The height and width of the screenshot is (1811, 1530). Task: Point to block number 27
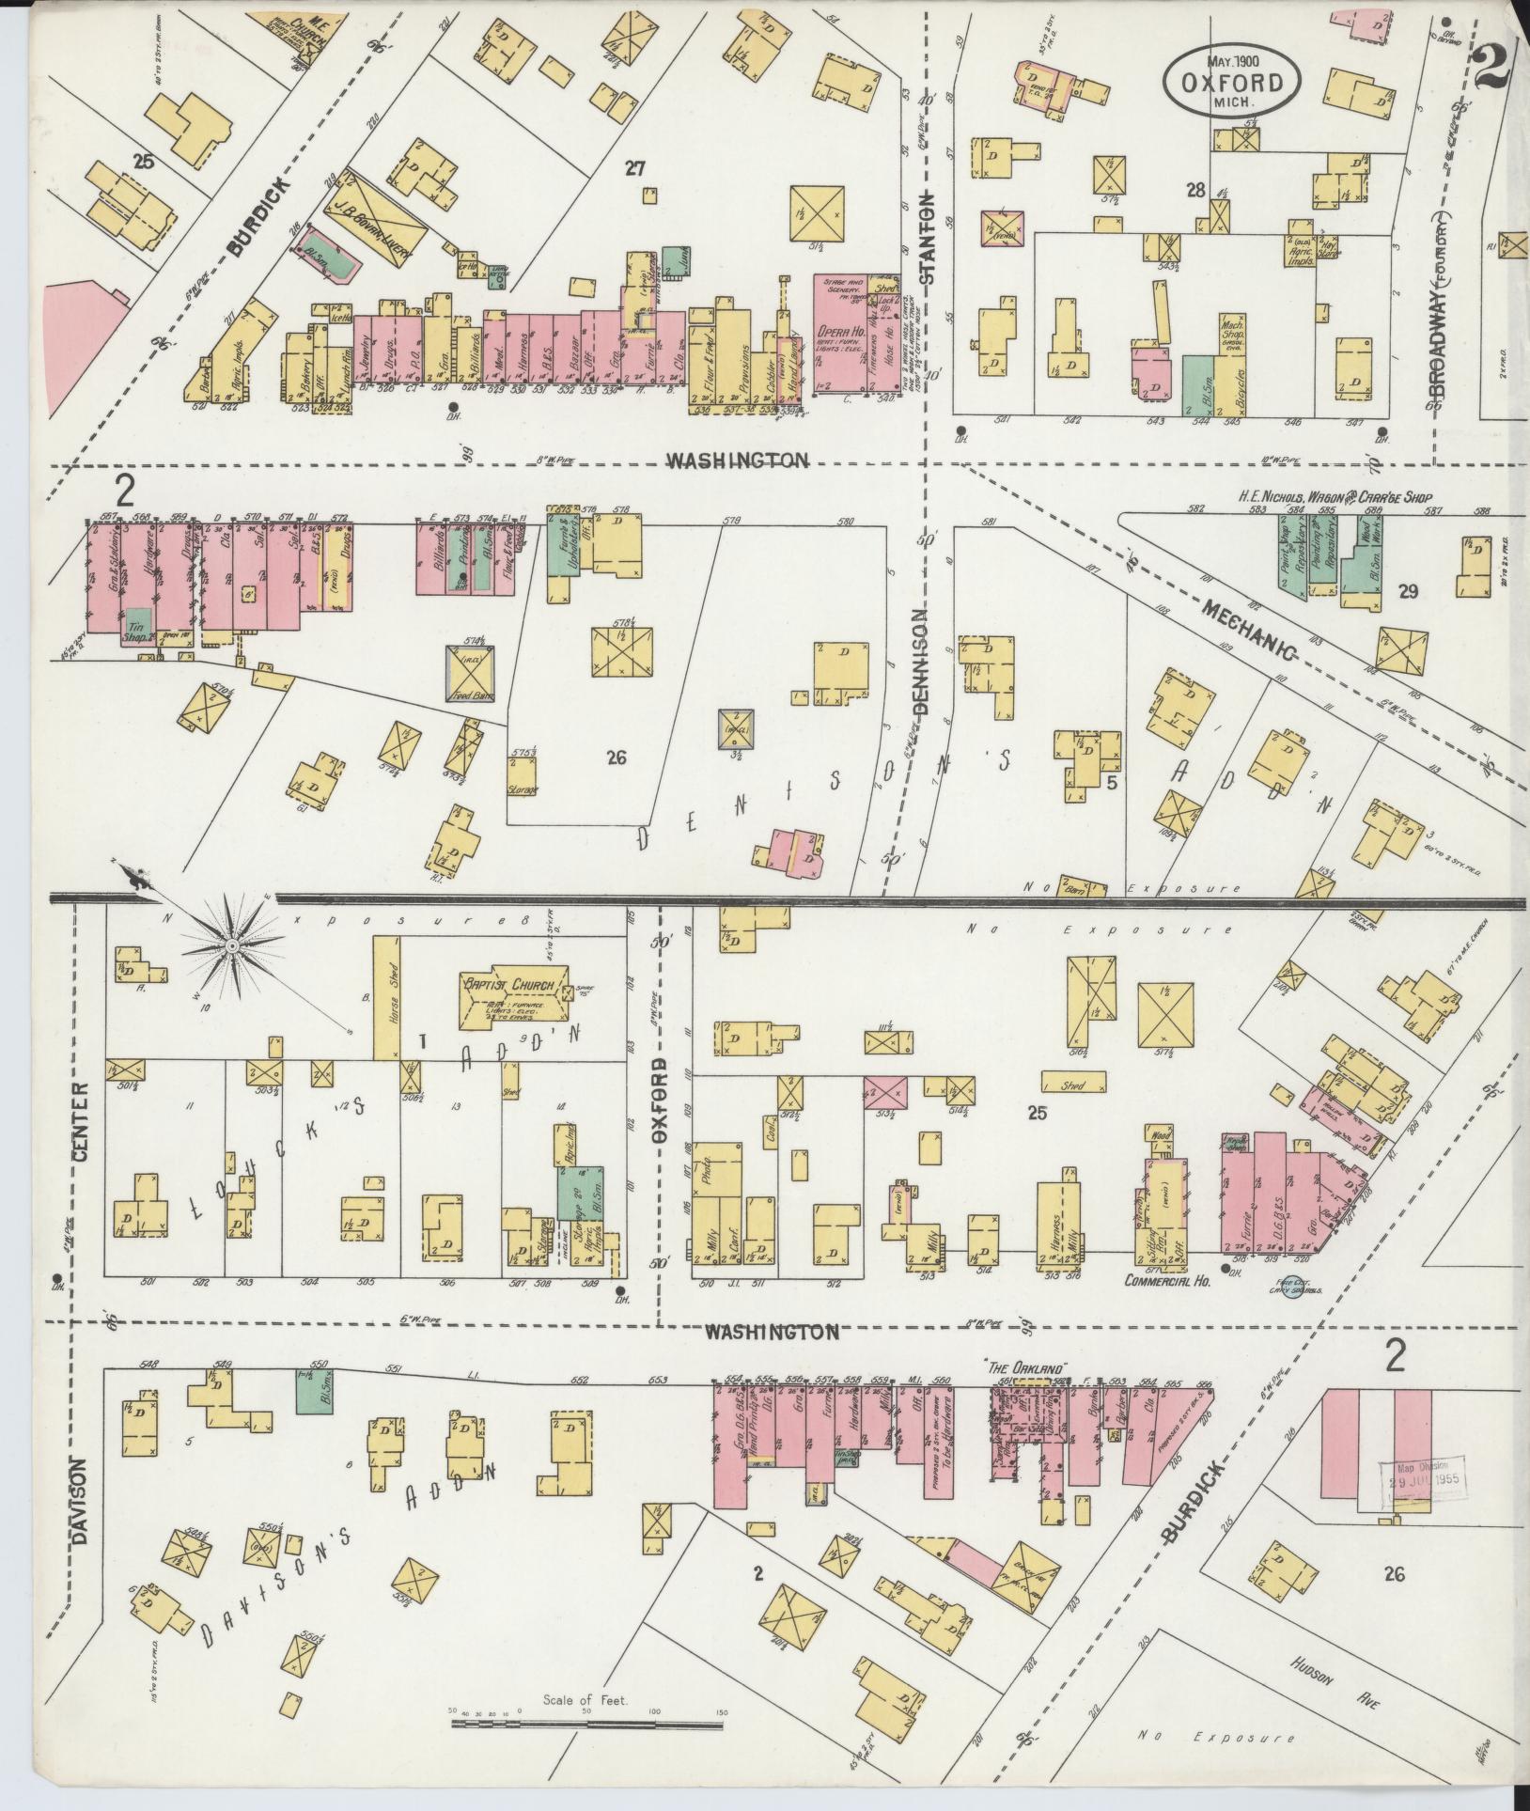(x=636, y=168)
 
